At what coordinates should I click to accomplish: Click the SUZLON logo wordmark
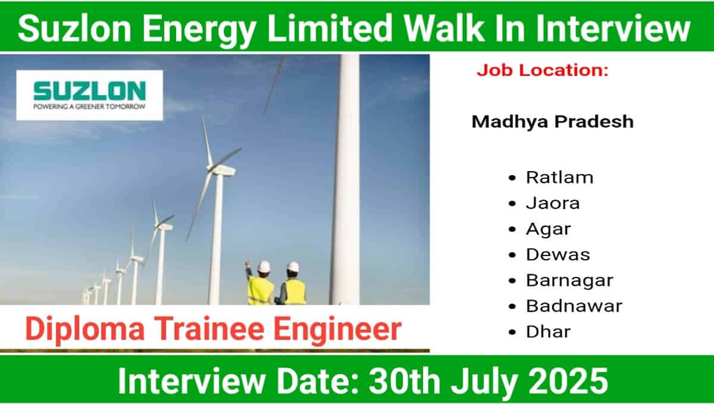[90, 91]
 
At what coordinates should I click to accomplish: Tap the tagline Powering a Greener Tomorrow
[90, 106]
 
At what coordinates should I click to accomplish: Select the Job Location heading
[543, 70]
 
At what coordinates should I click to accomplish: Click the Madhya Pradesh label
[553, 122]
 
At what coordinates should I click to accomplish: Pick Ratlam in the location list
[560, 177]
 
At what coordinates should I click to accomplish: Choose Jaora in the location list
[553, 203]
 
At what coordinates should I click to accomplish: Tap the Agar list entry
[548, 229]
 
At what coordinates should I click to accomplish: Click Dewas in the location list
[558, 255]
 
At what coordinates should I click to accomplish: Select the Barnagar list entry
[569, 281]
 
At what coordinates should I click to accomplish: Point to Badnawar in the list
[574, 306]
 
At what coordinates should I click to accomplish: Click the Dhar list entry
[548, 332]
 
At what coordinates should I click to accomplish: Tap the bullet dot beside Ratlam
[512, 178]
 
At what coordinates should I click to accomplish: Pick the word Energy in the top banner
[199, 31]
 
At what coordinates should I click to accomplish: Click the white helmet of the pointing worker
[264, 267]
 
